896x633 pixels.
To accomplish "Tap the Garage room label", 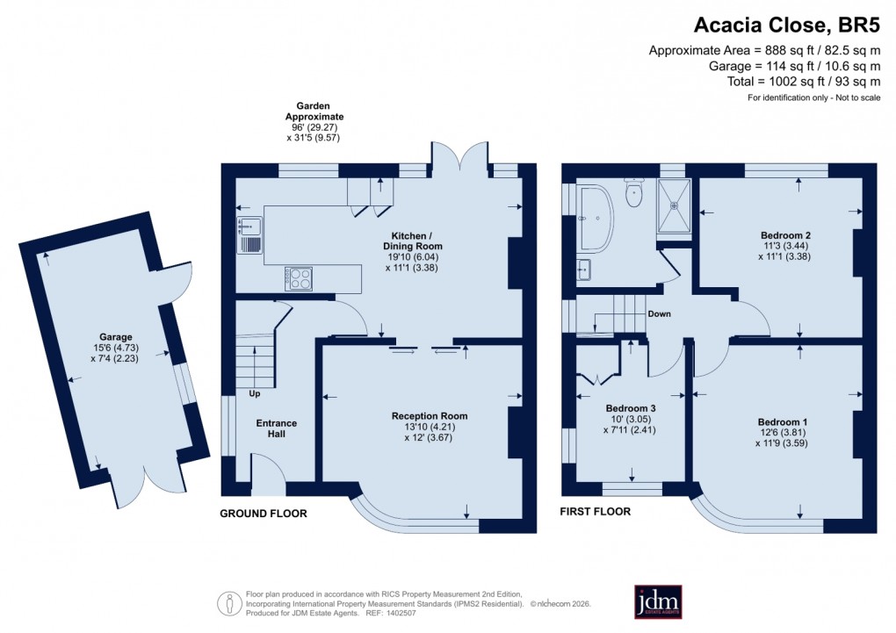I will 115,336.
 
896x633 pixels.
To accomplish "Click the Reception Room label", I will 430,415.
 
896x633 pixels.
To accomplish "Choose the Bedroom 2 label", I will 784,235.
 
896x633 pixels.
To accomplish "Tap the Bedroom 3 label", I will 631,408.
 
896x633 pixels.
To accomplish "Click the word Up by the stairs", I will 255,393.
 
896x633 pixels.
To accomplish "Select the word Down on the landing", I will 659,313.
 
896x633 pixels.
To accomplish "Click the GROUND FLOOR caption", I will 263,514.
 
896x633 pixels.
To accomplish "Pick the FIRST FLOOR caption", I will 596,511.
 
